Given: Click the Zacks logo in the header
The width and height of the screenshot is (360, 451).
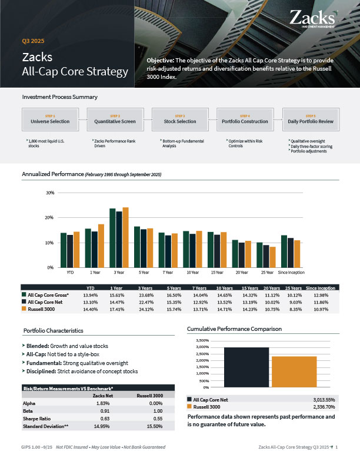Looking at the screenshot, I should click(314, 18).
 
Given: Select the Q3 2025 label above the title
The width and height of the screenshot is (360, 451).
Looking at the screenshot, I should click(33, 41).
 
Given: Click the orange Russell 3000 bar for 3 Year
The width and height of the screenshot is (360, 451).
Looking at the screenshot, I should click(125, 237).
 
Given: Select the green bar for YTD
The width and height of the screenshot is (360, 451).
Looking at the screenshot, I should click(64, 250).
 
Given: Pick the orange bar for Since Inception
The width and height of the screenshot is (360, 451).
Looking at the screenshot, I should click(297, 254).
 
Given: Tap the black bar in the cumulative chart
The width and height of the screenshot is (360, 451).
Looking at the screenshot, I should click(246, 367).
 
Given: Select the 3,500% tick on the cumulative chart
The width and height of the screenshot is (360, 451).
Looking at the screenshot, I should click(201, 340).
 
